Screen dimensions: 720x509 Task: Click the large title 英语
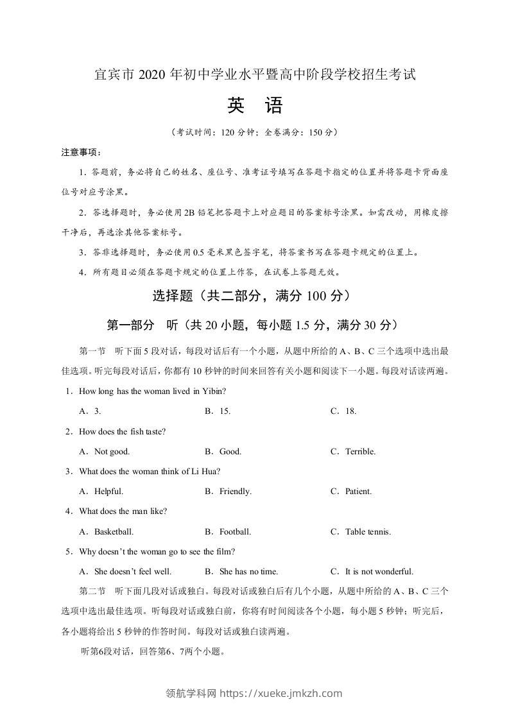coord(254,106)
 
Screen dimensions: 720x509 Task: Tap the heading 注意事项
coord(80,153)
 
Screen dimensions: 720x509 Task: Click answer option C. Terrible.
coord(352,452)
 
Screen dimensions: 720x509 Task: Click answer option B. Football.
coord(228,532)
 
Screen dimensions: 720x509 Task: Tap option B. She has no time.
coord(241,572)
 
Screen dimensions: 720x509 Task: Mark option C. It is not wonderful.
coord(372,572)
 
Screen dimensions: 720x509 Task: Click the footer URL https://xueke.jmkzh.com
coord(281,693)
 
